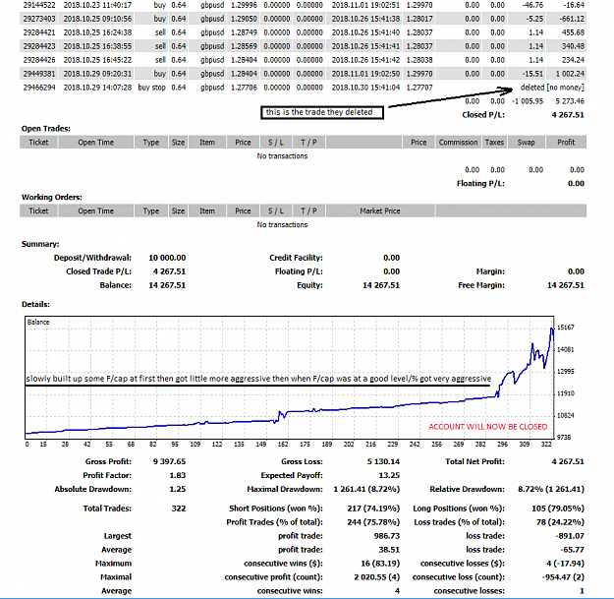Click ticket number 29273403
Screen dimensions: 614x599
click(39, 19)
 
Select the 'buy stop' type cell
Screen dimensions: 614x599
click(151, 88)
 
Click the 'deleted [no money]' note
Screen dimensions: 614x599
click(552, 88)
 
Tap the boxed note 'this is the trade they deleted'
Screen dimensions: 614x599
click(322, 112)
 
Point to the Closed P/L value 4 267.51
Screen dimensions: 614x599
click(568, 115)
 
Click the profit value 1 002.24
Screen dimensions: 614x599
click(570, 74)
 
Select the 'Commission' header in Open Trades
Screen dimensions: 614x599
click(458, 143)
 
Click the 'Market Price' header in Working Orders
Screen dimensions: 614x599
click(380, 210)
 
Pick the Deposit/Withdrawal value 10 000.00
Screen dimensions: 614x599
click(167, 258)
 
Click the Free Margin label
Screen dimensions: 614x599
click(481, 285)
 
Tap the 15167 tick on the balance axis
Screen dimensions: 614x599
click(566, 328)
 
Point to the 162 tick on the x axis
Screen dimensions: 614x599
click(283, 445)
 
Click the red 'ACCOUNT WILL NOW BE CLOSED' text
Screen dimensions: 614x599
click(488, 427)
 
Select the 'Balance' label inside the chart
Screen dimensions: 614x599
click(38, 322)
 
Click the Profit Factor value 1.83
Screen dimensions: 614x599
click(178, 475)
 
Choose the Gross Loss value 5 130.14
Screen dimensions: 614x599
click(383, 461)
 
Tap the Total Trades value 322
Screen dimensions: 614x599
click(179, 509)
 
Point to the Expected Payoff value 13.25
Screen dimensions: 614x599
click(389, 475)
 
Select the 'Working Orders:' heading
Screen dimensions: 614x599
click(52, 197)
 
